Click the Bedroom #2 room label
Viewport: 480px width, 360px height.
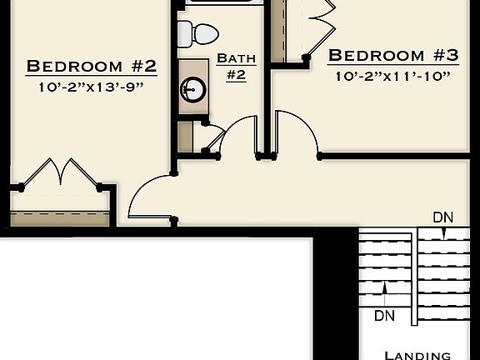(x=92, y=66)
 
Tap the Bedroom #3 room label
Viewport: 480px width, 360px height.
(x=392, y=56)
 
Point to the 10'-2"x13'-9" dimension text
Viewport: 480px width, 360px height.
(x=92, y=87)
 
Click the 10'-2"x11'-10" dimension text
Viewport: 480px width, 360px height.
(x=392, y=77)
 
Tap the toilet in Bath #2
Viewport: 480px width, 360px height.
(x=197, y=34)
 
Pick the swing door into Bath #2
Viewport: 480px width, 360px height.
(x=239, y=135)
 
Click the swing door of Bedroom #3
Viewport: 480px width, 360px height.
(x=297, y=133)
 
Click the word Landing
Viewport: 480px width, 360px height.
(x=417, y=354)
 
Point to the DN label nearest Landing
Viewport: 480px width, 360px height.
(x=384, y=316)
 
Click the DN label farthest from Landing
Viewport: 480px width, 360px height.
(x=443, y=217)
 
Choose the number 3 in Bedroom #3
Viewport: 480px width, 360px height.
(x=451, y=56)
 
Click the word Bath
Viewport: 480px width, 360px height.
(x=236, y=58)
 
